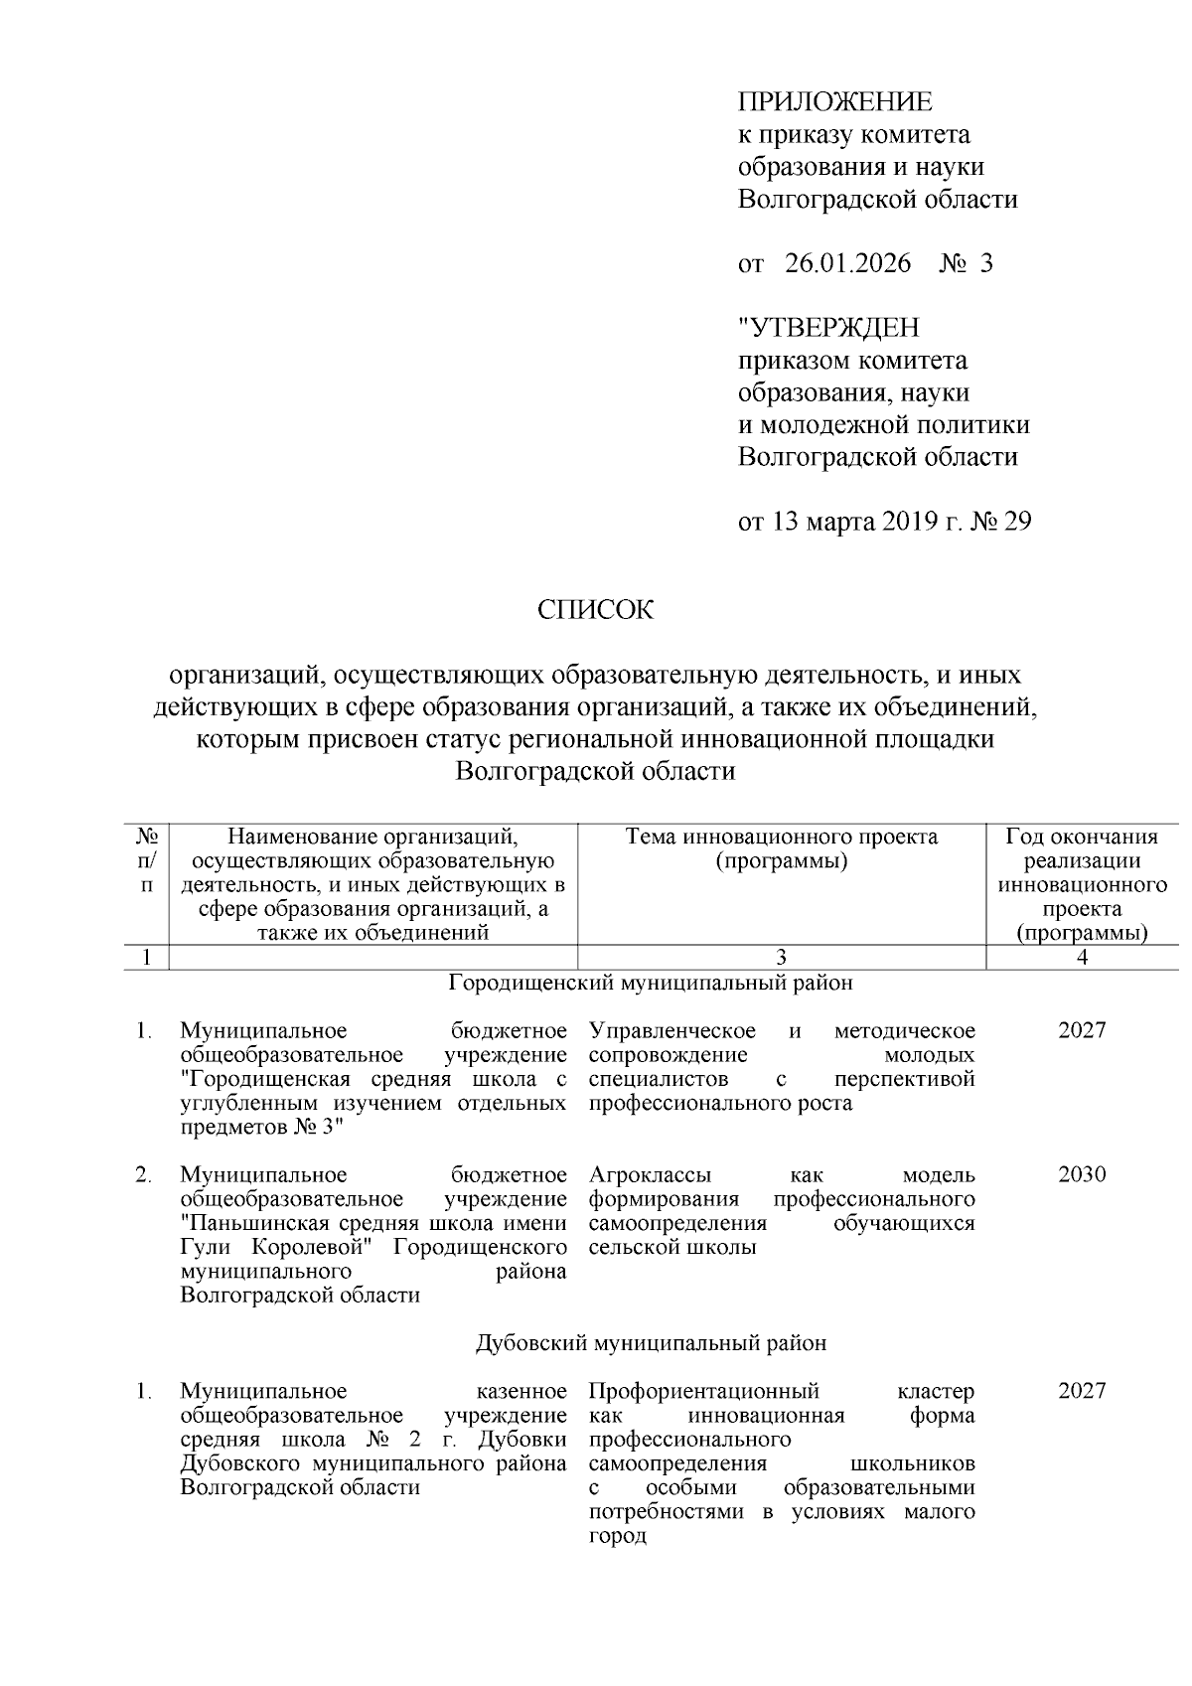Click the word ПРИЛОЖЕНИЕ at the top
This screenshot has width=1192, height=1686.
(834, 102)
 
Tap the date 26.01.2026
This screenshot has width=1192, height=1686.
(847, 263)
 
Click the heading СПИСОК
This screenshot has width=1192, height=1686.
(595, 610)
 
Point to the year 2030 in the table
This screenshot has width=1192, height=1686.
(1081, 1175)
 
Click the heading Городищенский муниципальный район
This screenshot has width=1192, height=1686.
(651, 984)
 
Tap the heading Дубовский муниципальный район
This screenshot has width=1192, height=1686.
(651, 1343)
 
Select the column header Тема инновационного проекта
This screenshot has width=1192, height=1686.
(782, 838)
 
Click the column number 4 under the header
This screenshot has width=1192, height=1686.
(1082, 958)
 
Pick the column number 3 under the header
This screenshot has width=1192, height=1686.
(782, 958)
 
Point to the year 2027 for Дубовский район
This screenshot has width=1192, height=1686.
(1081, 1391)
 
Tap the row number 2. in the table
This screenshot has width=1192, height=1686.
(144, 1175)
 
